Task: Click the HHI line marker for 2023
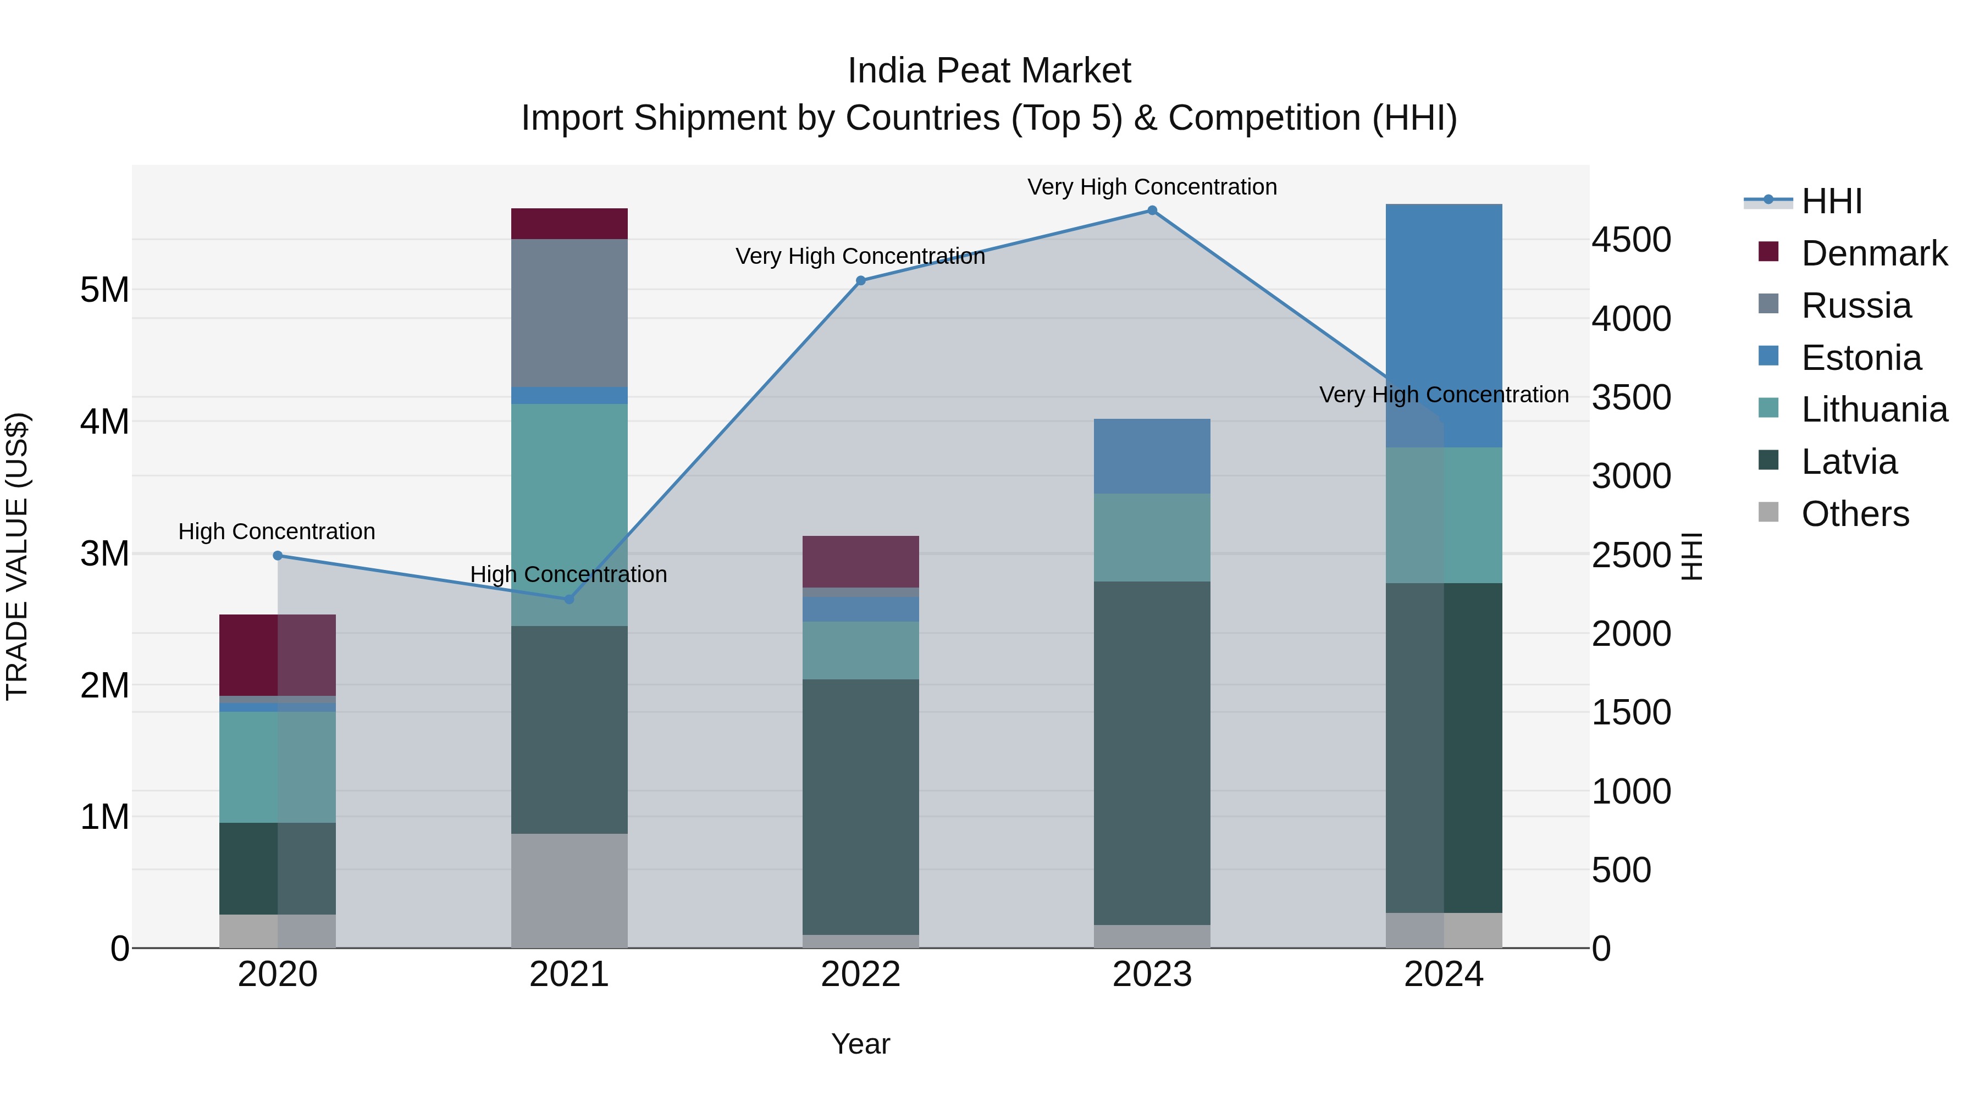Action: coord(1152,211)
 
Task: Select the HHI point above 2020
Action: coord(278,555)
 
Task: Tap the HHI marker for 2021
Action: coord(570,599)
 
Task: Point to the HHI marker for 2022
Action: coord(860,281)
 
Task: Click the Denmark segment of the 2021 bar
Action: coord(570,224)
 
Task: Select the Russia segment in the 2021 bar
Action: coord(570,313)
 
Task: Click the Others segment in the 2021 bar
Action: coord(570,890)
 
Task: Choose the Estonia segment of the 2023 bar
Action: coord(1152,456)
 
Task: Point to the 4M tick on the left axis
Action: coord(104,422)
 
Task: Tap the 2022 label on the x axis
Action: coord(860,974)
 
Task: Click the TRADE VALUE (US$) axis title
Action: coord(17,556)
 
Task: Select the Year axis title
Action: coord(860,1044)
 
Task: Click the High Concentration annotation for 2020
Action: coord(277,531)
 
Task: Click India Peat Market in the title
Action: coord(989,71)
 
